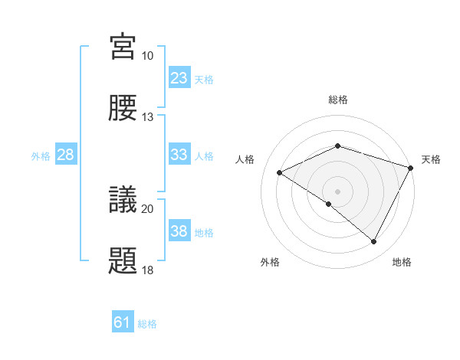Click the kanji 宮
coord(123,47)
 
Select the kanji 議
coord(123,199)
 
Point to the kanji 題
coord(123,260)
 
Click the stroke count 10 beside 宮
coord(147,56)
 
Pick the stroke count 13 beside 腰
coord(147,117)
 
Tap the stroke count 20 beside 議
coord(147,208)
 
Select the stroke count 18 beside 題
coord(147,270)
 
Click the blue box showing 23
coord(179,78)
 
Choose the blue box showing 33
coord(179,155)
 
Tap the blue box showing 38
coord(179,231)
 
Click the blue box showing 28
coord(66,155)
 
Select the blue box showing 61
coord(123,323)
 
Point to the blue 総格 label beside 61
coord(147,324)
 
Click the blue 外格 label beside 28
coord(41,155)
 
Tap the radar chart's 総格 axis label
coord(337,100)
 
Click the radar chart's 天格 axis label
coord(431,159)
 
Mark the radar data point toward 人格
coord(280,173)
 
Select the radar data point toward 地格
coord(374,242)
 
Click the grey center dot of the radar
coord(337,191)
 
